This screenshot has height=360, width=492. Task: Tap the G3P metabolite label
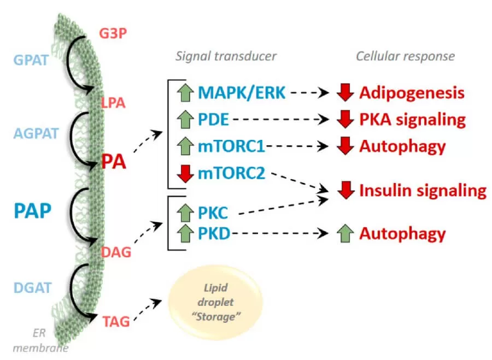click(x=113, y=34)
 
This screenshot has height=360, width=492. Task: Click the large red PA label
click(x=114, y=162)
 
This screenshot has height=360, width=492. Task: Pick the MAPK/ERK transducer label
click(x=242, y=93)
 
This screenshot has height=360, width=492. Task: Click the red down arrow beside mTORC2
click(x=186, y=175)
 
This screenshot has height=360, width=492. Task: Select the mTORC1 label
click(x=231, y=146)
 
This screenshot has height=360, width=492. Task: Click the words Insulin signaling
click(x=422, y=191)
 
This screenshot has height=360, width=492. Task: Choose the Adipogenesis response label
click(x=411, y=93)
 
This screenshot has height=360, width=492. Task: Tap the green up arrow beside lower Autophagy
click(x=344, y=234)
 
